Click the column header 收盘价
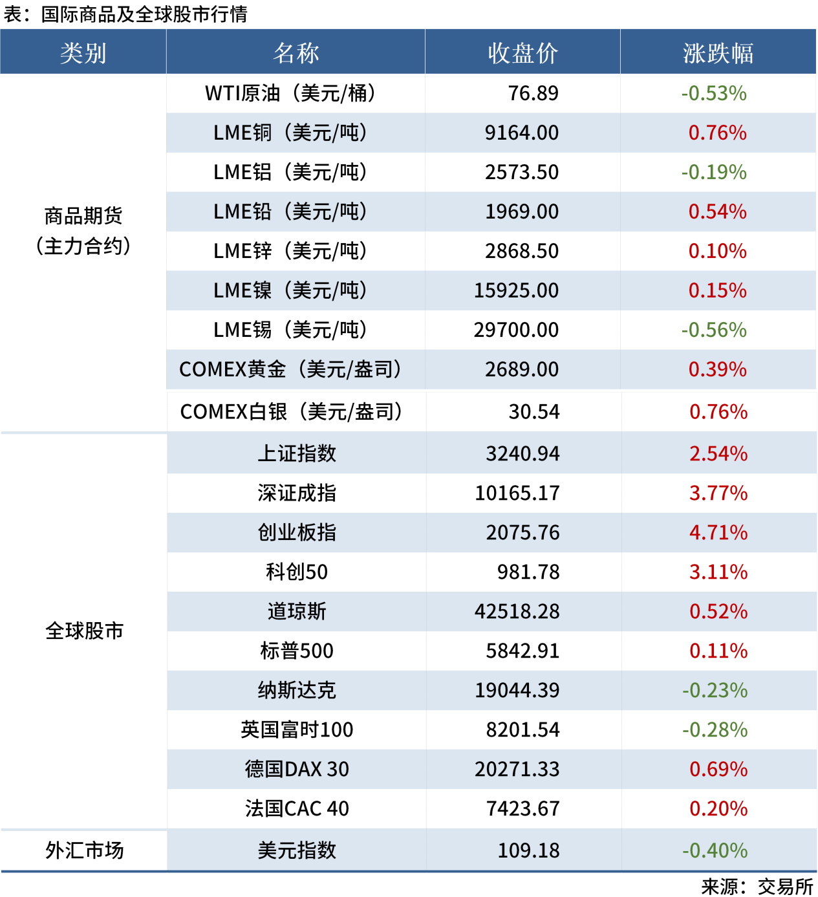[x=522, y=53]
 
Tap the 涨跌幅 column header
[x=718, y=53]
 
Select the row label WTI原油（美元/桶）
[x=290, y=93]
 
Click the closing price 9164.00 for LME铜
[x=522, y=133]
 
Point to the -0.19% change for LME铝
[x=714, y=172]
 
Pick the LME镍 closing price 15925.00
[x=516, y=290]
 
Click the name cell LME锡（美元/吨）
[x=290, y=330]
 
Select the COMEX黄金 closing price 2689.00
[x=522, y=369]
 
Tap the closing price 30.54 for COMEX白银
[x=534, y=411]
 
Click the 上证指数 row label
[x=297, y=453]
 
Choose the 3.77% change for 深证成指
[x=718, y=493]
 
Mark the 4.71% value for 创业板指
[x=718, y=532]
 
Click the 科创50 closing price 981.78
[x=528, y=572]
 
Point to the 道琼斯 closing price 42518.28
[x=517, y=611]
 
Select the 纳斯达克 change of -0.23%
[x=715, y=690]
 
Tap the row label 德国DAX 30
[x=297, y=769]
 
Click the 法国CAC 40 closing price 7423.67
[x=522, y=808]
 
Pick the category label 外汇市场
[x=84, y=850]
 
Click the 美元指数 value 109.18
[x=528, y=850]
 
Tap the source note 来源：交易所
[x=757, y=886]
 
